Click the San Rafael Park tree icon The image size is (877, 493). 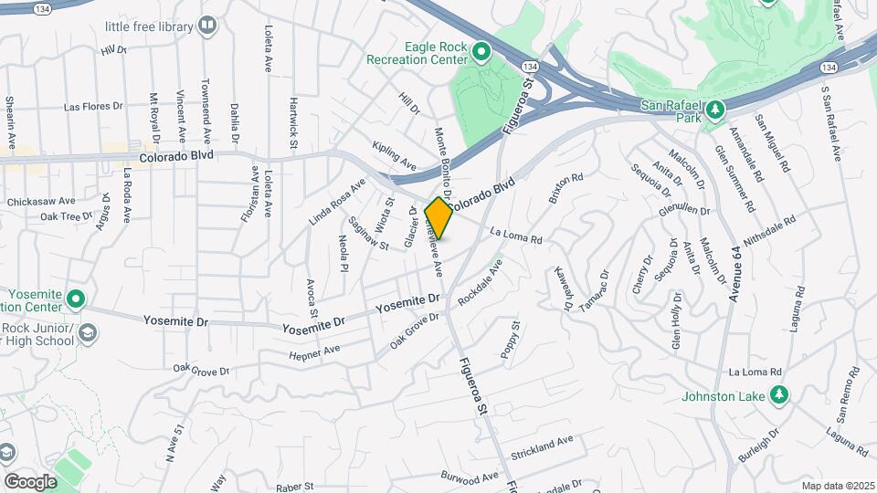717,110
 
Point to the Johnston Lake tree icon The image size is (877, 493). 778,395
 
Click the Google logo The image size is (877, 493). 30,481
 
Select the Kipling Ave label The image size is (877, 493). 395,155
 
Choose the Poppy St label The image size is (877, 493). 510,339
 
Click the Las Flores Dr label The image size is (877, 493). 93,107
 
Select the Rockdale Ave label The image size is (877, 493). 481,282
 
